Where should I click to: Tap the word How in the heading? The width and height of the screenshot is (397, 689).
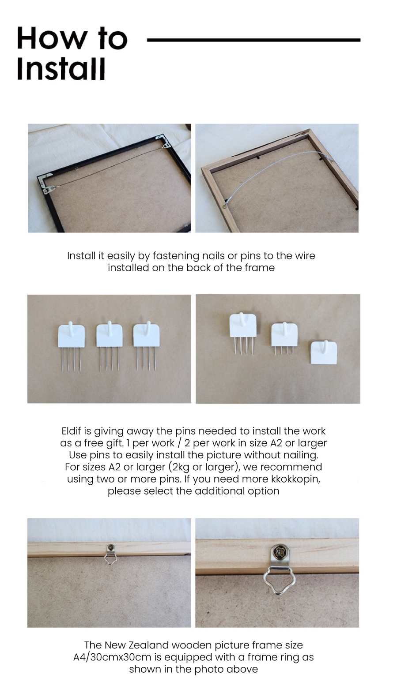[52, 38]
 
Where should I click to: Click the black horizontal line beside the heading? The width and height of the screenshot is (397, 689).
[254, 40]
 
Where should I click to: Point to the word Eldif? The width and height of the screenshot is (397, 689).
[72, 431]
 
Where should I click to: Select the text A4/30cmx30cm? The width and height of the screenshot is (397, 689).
[112, 657]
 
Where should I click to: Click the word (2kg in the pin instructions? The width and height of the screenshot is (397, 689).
[179, 467]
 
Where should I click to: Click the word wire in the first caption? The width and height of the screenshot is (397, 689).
[305, 255]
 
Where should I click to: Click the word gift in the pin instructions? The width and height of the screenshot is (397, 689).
[115, 443]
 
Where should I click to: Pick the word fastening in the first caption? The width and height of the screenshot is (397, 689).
[176, 256]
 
